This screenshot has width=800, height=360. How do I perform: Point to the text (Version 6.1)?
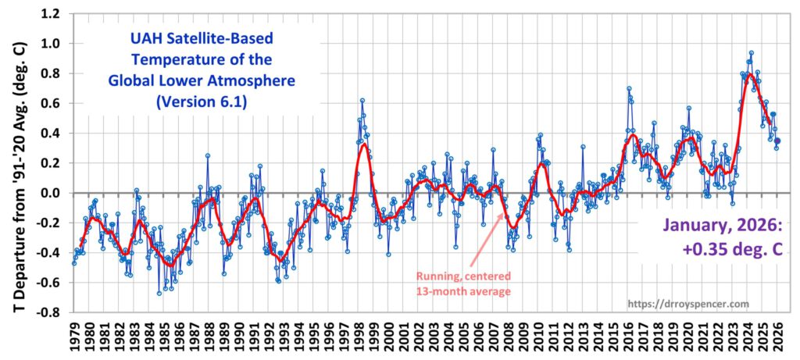click(190, 101)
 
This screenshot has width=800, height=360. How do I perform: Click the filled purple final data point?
click(777, 141)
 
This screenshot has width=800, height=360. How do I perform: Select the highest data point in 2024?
click(751, 53)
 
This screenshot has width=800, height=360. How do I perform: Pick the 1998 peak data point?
click(362, 101)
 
